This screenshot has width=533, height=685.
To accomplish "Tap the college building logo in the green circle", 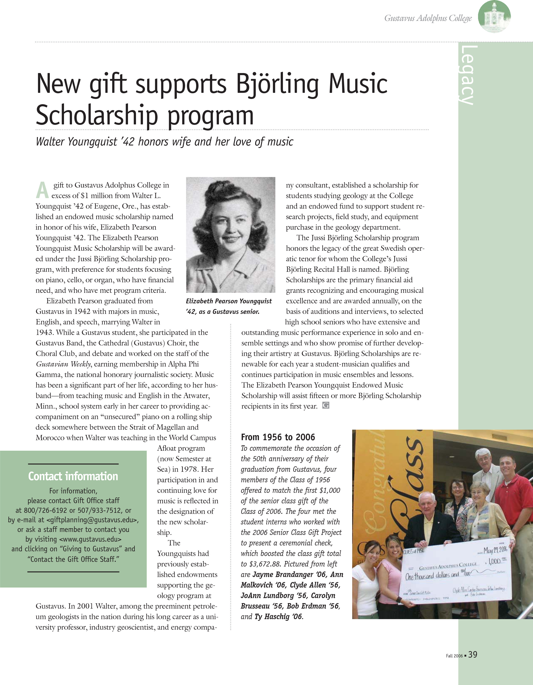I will [494, 16].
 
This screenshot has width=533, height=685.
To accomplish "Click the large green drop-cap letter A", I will [42, 190].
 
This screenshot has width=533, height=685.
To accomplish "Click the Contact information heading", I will [73, 476].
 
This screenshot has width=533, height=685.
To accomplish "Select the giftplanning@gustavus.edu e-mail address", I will [92, 520].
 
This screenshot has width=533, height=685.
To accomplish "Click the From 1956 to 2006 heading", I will [278, 437].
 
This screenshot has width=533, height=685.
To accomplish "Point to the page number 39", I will [473, 654].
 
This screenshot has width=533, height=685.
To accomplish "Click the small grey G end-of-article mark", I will [326, 405].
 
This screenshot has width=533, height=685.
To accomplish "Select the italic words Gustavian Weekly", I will [63, 364].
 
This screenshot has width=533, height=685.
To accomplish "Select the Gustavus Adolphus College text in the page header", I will [428, 18].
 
